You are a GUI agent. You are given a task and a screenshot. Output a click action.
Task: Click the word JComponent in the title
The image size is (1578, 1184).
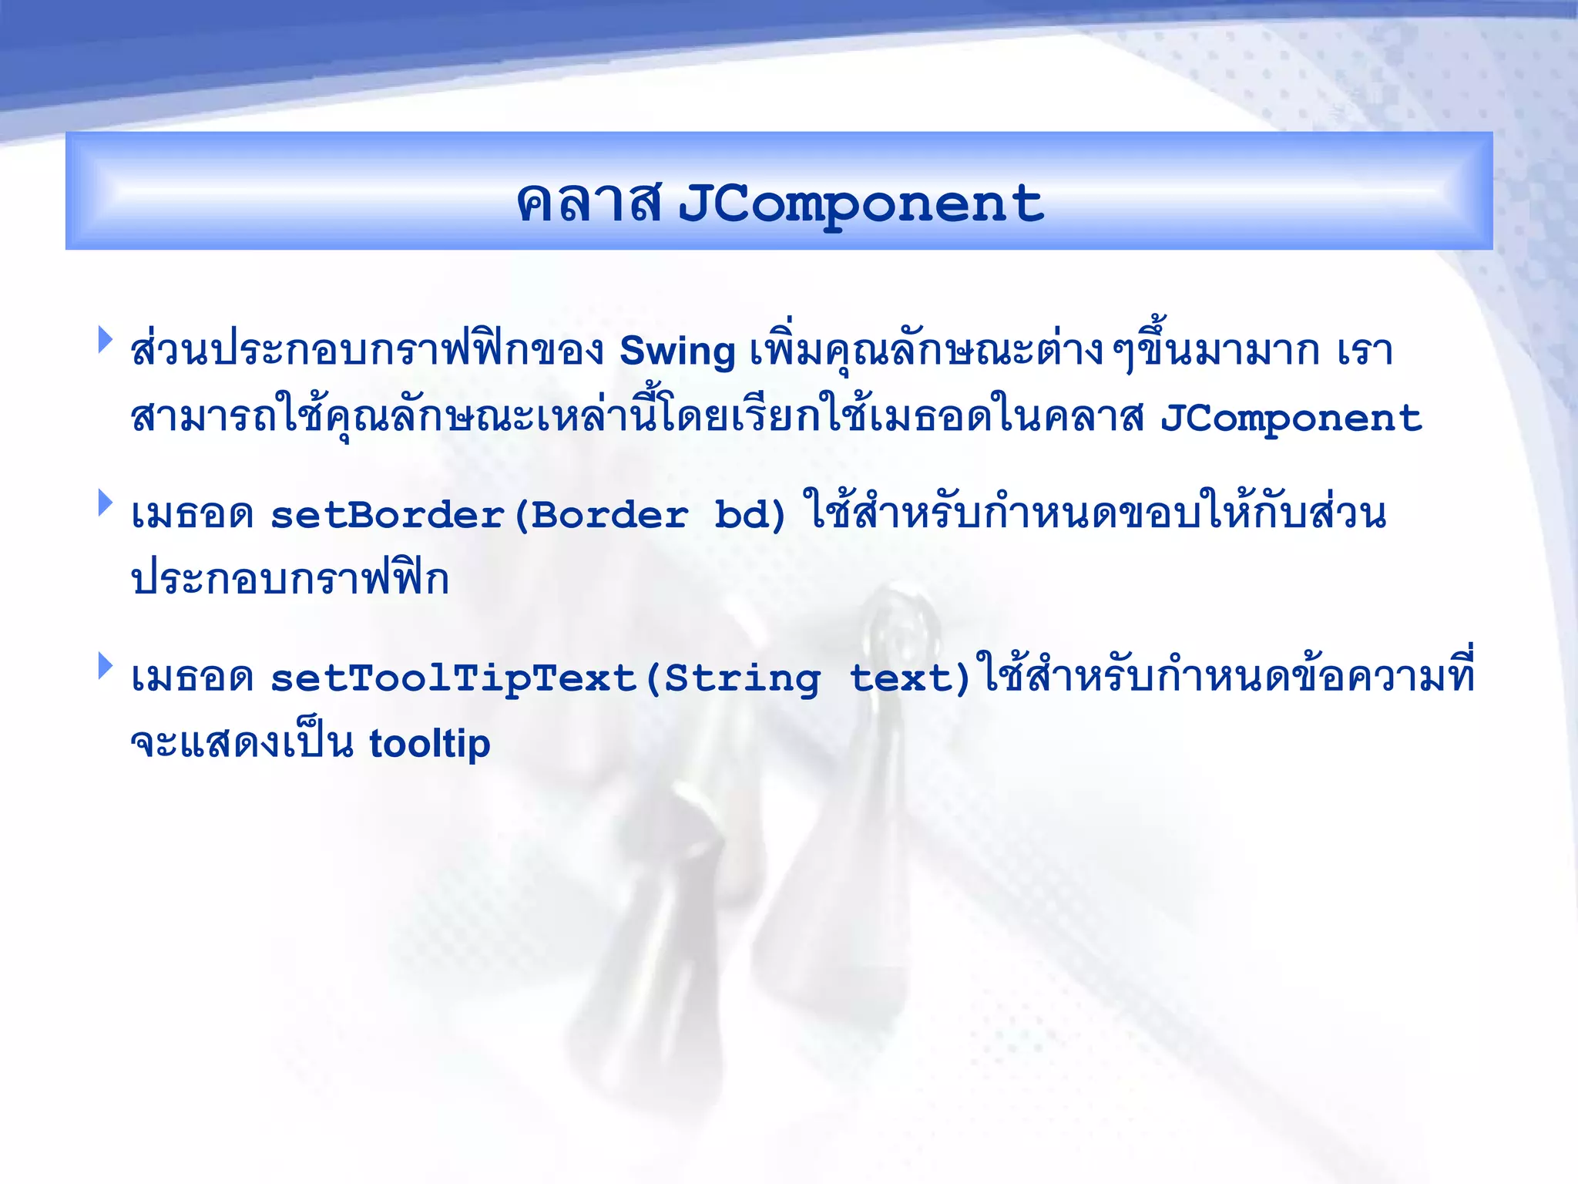pyautogui.click(x=860, y=203)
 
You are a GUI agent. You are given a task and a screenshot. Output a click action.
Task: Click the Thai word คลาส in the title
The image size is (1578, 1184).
pyautogui.click(x=589, y=203)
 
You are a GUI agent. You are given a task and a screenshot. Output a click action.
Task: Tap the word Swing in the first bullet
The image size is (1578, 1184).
pyautogui.click(x=677, y=351)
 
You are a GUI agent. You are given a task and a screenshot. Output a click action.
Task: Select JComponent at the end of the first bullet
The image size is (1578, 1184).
pyautogui.click(x=1291, y=419)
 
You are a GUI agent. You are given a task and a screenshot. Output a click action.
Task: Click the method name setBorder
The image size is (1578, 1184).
pyautogui.click(x=387, y=515)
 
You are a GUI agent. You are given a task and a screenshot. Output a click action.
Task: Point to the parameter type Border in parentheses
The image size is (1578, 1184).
pyautogui.click(x=609, y=515)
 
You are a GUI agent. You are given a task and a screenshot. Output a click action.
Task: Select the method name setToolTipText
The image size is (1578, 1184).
pyautogui.click(x=454, y=678)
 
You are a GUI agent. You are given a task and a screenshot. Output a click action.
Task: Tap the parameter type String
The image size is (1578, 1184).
pyautogui.click(x=742, y=678)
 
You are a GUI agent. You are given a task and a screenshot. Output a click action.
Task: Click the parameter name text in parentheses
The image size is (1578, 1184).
pyautogui.click(x=901, y=678)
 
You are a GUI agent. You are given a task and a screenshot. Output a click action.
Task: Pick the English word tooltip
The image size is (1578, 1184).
pyautogui.click(x=429, y=744)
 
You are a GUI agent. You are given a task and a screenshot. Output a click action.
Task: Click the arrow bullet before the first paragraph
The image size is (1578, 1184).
pyautogui.click(x=106, y=340)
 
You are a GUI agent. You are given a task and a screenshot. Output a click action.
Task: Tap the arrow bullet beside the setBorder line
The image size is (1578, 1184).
pyautogui.click(x=106, y=503)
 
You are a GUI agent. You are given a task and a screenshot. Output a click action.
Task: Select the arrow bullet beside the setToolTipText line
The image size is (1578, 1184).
pyautogui.click(x=106, y=665)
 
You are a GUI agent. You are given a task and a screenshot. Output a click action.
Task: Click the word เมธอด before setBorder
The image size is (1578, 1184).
pyautogui.click(x=193, y=515)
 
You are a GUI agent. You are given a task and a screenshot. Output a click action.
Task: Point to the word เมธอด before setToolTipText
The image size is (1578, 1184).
pyautogui.click(x=193, y=678)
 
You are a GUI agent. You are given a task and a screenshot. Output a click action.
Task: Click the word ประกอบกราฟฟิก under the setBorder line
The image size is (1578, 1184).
pyautogui.click(x=290, y=580)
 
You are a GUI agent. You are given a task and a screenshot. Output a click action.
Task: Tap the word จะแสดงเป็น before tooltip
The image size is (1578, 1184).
pyautogui.click(x=242, y=744)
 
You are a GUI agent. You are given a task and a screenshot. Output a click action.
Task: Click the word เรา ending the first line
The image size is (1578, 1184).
pyautogui.click(x=1365, y=351)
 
